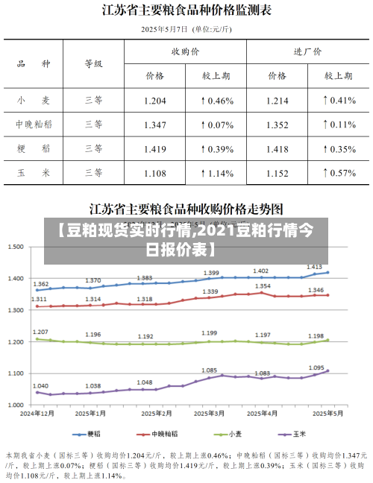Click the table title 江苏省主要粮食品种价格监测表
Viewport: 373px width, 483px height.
click(x=186, y=10)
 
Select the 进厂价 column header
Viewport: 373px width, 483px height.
click(x=307, y=52)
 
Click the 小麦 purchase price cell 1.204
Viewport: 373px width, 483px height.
click(x=154, y=100)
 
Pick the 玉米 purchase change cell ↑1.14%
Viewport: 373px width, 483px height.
click(x=216, y=173)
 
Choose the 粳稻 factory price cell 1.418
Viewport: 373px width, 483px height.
click(x=277, y=149)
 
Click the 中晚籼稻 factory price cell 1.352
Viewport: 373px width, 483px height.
click(x=277, y=124)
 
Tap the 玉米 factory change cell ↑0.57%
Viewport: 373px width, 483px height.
click(x=338, y=173)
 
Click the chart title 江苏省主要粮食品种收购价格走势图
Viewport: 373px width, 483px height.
click(x=186, y=207)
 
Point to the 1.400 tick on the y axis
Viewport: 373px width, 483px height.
click(x=16, y=278)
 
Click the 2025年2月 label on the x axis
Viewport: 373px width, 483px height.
click(x=154, y=412)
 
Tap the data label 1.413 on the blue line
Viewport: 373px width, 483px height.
click(x=314, y=266)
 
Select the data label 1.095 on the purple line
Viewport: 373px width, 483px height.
click(x=316, y=367)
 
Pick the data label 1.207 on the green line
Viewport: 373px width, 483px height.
click(x=41, y=332)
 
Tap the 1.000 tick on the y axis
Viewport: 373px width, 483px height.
click(x=16, y=404)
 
